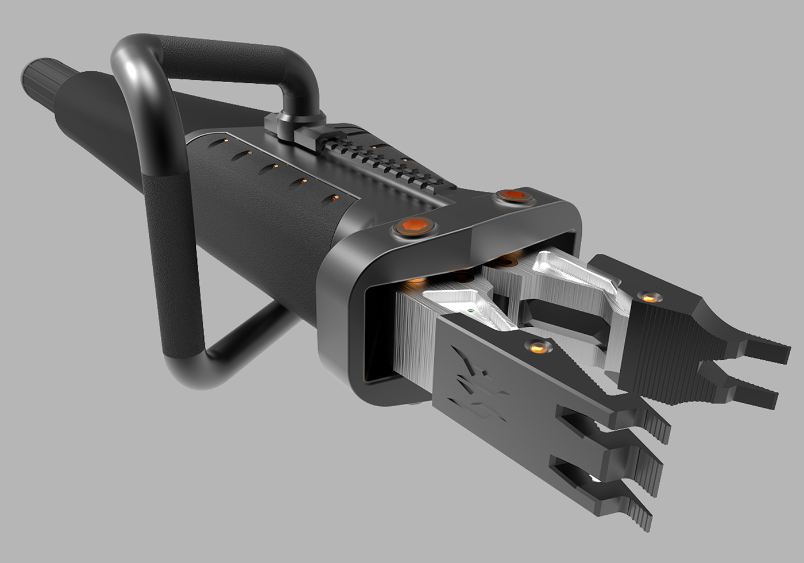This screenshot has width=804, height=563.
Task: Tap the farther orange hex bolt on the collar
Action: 512,195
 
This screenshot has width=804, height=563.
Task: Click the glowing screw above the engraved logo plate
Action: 538,346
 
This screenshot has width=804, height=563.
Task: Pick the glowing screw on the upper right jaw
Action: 650,297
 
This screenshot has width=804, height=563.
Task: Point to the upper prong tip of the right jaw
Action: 767,350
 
